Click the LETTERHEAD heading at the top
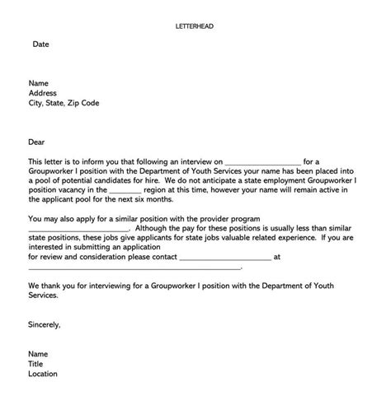coord(195,26)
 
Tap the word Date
coord(40,44)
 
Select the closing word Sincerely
coord(44,324)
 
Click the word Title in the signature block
coord(36,363)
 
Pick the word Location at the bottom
coord(43,374)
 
